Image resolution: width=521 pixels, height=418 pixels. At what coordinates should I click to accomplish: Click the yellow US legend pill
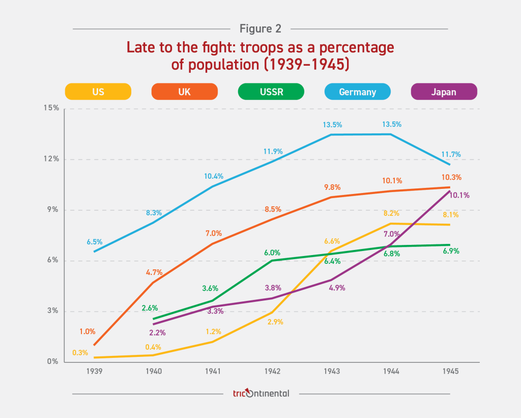coord(98,92)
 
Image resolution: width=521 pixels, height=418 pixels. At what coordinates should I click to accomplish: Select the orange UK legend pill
coord(185,92)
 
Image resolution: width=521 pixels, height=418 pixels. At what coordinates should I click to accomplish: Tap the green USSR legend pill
coord(271,92)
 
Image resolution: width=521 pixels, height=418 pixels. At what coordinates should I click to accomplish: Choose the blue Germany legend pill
coord(358,92)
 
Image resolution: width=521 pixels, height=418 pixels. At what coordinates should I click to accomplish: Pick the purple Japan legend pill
coord(444,92)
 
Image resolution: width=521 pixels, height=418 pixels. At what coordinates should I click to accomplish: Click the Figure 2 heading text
coord(260,29)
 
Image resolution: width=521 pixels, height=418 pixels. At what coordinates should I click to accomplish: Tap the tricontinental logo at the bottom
coord(260,393)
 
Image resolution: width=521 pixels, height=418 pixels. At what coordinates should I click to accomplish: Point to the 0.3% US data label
coord(80,352)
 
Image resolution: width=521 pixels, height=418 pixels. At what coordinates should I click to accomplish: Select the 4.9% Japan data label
coord(337,288)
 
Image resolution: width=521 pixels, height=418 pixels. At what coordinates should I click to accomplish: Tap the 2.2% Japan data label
coord(157,332)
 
